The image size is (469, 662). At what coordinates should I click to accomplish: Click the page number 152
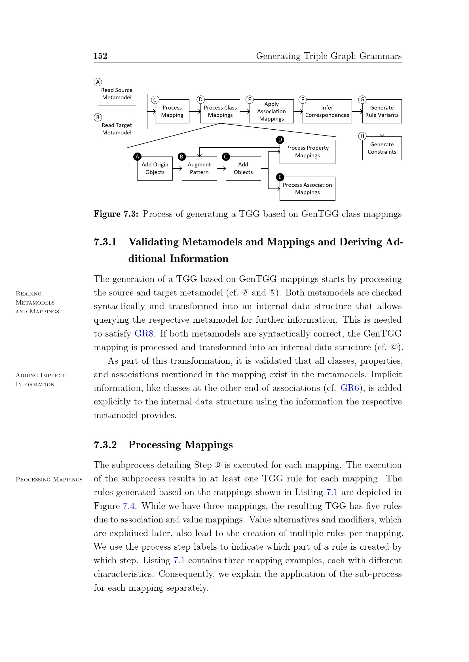[100, 56]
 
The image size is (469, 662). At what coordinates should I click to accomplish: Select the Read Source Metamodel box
[117, 94]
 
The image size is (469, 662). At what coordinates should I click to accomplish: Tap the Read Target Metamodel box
[117, 129]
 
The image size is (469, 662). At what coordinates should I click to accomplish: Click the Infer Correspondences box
[327, 111]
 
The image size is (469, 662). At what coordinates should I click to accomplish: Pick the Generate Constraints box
[382, 148]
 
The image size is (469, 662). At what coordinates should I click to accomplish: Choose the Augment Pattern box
[199, 168]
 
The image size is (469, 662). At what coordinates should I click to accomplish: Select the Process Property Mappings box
[307, 152]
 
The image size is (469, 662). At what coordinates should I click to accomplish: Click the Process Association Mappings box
[307, 188]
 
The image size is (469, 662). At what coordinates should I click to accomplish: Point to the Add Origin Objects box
[155, 168]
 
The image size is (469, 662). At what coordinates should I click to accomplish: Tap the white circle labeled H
[362, 136]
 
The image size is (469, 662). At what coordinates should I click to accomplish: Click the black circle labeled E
[280, 177]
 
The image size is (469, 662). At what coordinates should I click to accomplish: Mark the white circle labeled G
[362, 99]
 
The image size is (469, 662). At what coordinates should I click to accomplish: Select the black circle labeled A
[138, 157]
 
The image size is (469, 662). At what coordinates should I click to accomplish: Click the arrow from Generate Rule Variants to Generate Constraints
[382, 130]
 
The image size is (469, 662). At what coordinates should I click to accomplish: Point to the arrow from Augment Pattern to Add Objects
[221, 168]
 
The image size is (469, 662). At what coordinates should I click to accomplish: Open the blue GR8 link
[144, 334]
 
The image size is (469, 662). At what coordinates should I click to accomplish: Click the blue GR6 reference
[349, 388]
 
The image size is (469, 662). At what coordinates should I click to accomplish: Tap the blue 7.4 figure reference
[129, 506]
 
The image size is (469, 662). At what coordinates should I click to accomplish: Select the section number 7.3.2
[105, 445]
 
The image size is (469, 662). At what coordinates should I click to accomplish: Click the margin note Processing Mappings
[49, 479]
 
